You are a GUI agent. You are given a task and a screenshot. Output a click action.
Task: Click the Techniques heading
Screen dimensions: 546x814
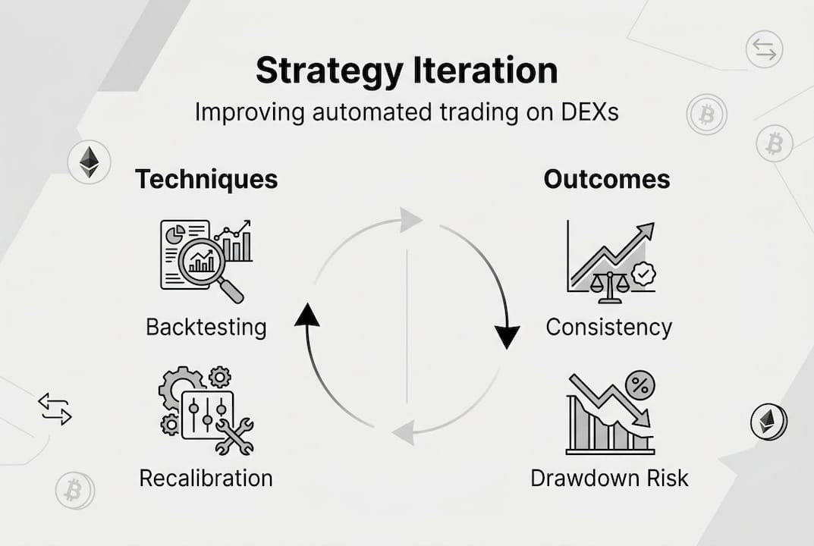pyautogui.click(x=206, y=180)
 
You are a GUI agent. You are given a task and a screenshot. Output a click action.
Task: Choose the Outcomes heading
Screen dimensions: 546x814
pyautogui.click(x=607, y=180)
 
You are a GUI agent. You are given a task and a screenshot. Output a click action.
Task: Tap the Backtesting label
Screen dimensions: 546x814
pyautogui.click(x=206, y=327)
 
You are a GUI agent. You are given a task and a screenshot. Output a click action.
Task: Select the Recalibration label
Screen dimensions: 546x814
pyautogui.click(x=206, y=479)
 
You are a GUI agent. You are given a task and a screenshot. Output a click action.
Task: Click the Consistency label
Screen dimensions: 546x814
pyautogui.click(x=609, y=327)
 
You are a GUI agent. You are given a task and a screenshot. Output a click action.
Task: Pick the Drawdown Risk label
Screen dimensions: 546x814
pyautogui.click(x=609, y=479)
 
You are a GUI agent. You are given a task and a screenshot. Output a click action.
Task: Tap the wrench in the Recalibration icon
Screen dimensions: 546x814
pyautogui.click(x=235, y=437)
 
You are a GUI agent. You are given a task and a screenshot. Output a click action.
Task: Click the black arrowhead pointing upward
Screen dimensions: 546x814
pyautogui.click(x=306, y=312)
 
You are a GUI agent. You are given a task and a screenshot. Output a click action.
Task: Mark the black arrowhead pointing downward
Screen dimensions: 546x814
pyautogui.click(x=507, y=335)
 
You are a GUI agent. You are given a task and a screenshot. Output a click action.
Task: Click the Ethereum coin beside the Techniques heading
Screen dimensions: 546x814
pyautogui.click(x=90, y=162)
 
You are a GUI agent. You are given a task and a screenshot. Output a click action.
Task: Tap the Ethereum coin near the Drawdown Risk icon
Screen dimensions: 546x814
pyautogui.click(x=768, y=422)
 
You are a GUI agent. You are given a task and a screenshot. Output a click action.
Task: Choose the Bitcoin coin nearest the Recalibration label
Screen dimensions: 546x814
pyautogui.click(x=74, y=491)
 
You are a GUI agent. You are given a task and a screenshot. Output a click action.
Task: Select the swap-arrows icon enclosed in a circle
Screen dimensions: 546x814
pyautogui.click(x=763, y=51)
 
